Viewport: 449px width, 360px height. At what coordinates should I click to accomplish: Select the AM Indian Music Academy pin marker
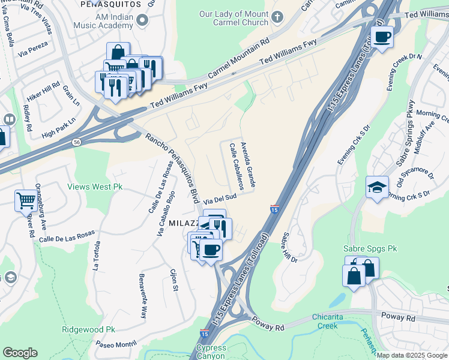tap(142, 21)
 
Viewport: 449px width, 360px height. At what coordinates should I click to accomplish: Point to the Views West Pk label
tap(95, 187)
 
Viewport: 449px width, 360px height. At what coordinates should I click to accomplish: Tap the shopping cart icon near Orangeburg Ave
tap(26, 200)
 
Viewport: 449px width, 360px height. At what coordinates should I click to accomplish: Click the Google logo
tap(20, 353)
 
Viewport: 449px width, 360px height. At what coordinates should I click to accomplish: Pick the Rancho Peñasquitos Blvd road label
tap(172, 167)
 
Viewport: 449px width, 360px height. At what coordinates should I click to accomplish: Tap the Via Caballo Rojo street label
tap(166, 213)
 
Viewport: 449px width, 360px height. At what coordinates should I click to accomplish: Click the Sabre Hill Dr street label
tap(290, 247)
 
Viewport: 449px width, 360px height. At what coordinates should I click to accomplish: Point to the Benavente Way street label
tap(142, 296)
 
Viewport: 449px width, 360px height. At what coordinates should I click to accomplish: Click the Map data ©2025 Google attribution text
tap(411, 355)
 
